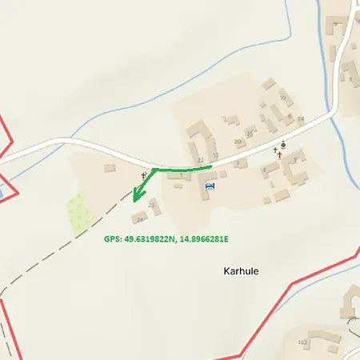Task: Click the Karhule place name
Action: click(x=241, y=270)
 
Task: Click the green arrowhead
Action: click(x=136, y=196)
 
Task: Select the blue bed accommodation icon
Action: click(x=210, y=186)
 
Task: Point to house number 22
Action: click(x=200, y=161)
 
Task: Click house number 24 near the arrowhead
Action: click(x=140, y=219)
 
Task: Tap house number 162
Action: click(x=302, y=342)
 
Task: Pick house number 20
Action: click(x=238, y=142)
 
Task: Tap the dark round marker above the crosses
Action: click(x=283, y=145)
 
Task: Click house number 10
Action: click(x=282, y=98)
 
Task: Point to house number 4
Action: click(x=264, y=170)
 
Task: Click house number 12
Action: click(x=215, y=154)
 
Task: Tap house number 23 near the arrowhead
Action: click(x=152, y=205)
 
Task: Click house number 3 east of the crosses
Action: click(x=294, y=159)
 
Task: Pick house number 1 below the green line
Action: click(x=181, y=175)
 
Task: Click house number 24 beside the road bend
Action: click(x=301, y=119)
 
